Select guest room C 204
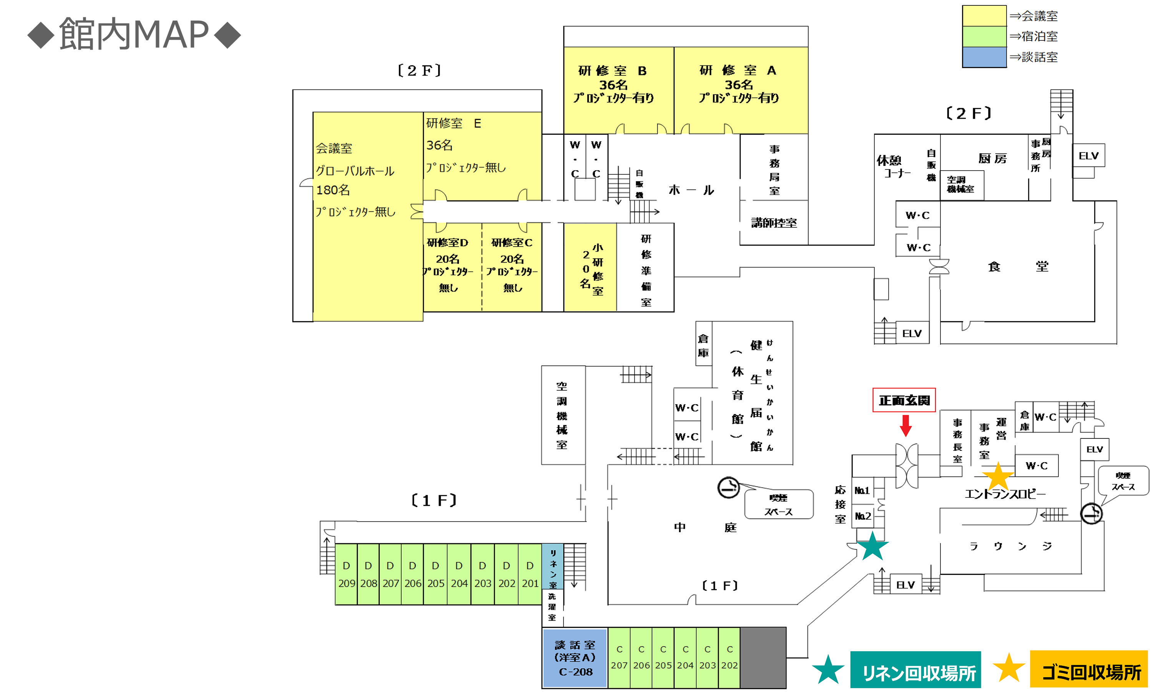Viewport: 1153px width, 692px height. (685, 657)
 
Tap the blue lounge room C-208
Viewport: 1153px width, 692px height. (575, 658)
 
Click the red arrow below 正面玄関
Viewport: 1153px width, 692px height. (905, 425)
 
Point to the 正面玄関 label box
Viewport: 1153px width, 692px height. (904, 400)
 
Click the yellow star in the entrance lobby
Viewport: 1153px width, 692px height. (998, 476)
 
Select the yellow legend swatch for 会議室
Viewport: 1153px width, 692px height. (984, 16)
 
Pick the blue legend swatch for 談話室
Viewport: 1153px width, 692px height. (984, 57)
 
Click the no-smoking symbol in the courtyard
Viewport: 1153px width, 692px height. (728, 487)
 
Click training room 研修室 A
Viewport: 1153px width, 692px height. (740, 84)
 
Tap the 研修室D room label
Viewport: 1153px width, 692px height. (447, 242)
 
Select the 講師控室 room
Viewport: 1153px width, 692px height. (774, 223)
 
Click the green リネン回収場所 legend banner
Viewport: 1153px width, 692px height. (915, 670)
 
